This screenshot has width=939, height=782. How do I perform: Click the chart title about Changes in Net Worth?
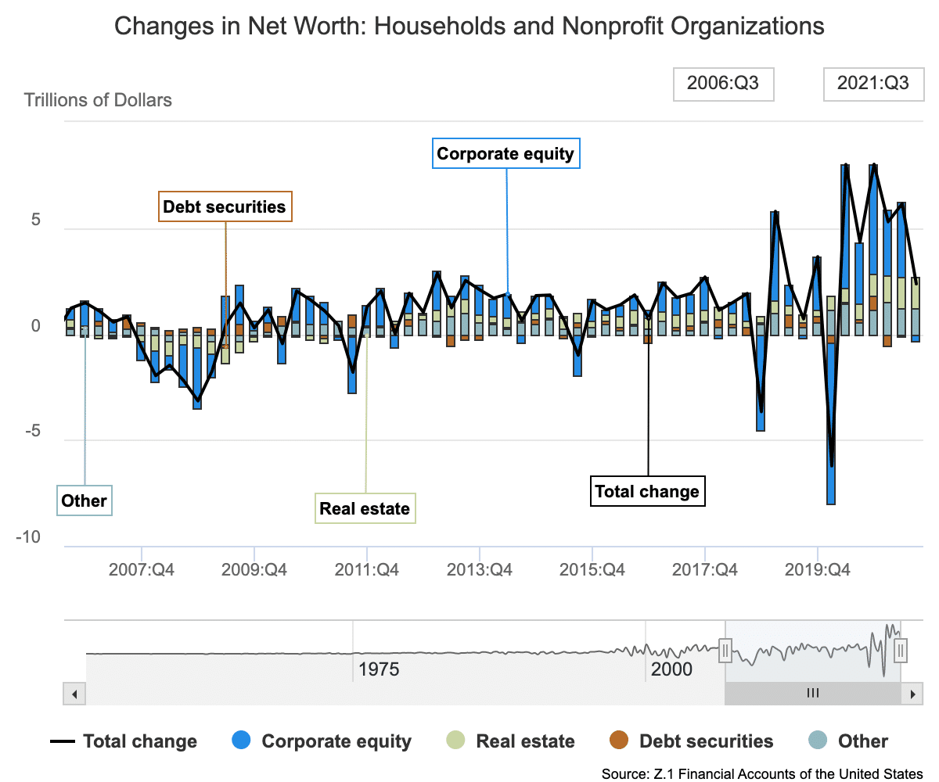pyautogui.click(x=469, y=27)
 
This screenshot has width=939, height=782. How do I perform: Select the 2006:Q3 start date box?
pyautogui.click(x=723, y=84)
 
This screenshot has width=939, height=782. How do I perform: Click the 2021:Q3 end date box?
pyautogui.click(x=873, y=84)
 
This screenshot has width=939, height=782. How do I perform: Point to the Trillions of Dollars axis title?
pyautogui.click(x=98, y=100)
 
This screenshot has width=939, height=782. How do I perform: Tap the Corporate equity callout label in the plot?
pyautogui.click(x=505, y=153)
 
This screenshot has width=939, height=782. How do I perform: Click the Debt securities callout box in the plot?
pyautogui.click(x=225, y=207)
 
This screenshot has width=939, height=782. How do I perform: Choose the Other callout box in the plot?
pyautogui.click(x=84, y=500)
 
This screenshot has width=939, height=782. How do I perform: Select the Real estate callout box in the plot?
pyautogui.click(x=365, y=509)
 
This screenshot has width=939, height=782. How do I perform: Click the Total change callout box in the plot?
pyautogui.click(x=647, y=491)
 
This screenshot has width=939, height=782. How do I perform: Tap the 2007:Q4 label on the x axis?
pyautogui.click(x=141, y=569)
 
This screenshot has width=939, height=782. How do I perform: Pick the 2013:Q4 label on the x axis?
pyautogui.click(x=479, y=569)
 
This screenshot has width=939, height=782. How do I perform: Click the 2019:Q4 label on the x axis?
pyautogui.click(x=817, y=569)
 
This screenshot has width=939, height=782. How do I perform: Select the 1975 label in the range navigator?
pyautogui.click(x=379, y=669)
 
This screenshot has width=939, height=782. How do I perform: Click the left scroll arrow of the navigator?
pyautogui.click(x=74, y=694)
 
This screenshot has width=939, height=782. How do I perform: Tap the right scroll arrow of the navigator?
pyautogui.click(x=912, y=694)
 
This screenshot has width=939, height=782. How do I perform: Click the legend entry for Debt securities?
pyautogui.click(x=691, y=741)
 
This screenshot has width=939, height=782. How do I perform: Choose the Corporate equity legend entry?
pyautogui.click(x=322, y=741)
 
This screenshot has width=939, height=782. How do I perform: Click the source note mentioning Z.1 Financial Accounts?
pyautogui.click(x=762, y=773)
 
